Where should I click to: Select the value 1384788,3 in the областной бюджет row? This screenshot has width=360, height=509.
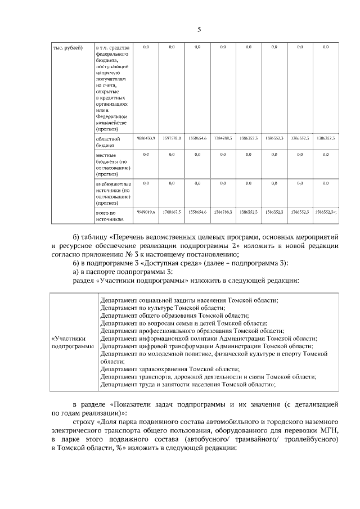(223, 138)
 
